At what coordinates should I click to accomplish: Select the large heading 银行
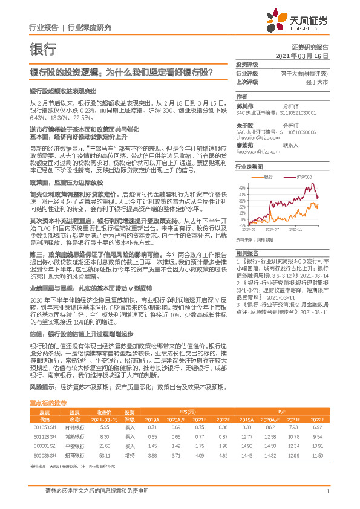tap(43, 49)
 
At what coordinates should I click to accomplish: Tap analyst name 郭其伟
tap(244, 104)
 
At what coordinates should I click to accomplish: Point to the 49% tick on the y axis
tap(241, 187)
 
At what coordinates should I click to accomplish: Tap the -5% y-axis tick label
tap(241, 225)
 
